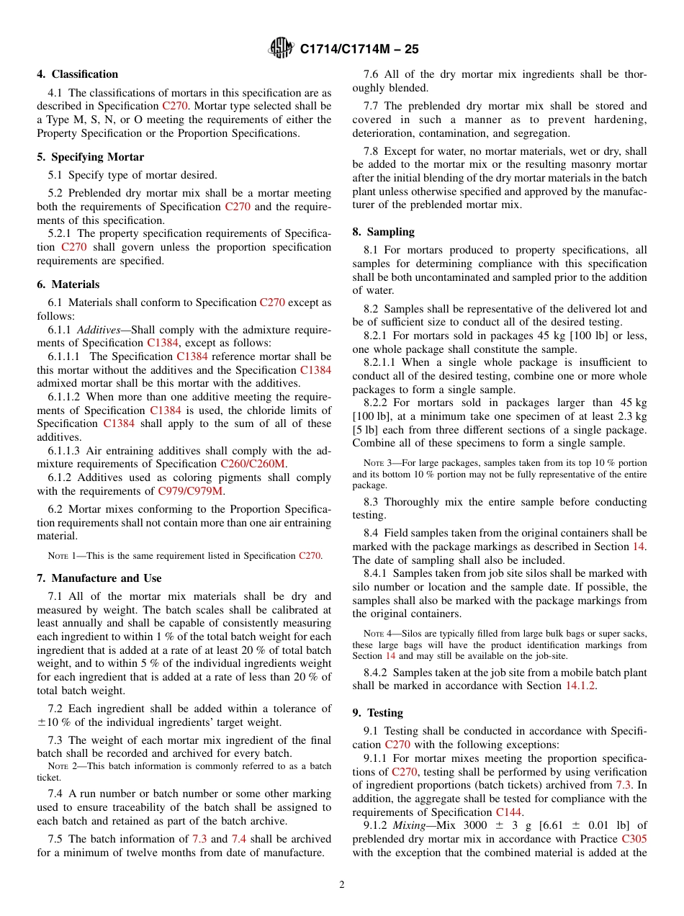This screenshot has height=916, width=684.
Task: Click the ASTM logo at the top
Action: coord(280,48)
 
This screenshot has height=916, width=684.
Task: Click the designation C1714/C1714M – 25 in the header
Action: coord(359,49)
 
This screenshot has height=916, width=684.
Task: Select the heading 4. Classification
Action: coord(78,74)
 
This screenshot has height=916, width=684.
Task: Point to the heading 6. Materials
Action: coord(68,284)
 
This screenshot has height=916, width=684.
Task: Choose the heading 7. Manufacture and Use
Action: coord(99,578)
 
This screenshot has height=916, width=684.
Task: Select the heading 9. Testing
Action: coord(377,713)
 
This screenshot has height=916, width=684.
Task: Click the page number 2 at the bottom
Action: coord(342,885)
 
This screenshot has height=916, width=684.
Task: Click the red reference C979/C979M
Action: coord(191,491)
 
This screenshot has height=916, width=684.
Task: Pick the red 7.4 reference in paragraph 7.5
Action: coord(239,839)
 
